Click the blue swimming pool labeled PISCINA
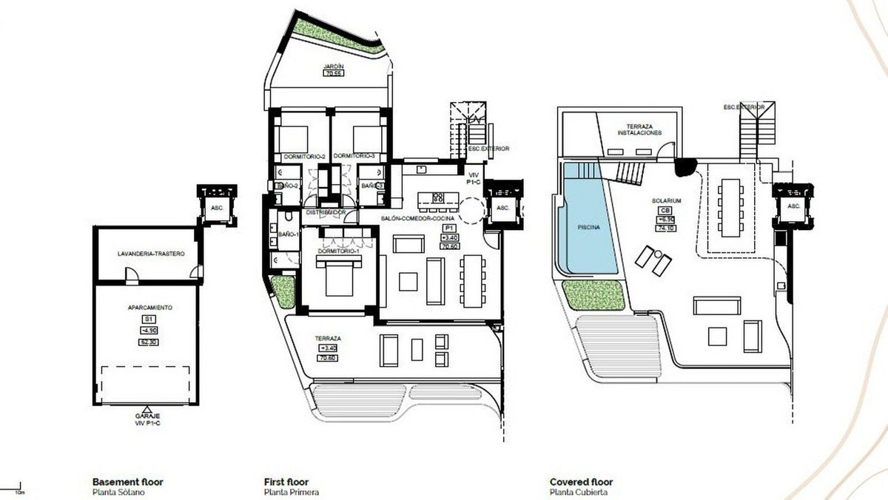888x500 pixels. (589, 222)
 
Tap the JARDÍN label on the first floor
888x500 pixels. (332, 67)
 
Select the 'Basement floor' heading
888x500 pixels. (127, 482)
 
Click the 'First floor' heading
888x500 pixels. (286, 482)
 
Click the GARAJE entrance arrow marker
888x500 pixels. (145, 408)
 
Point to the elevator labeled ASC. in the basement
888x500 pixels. (218, 209)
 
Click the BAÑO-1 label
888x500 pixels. (288, 234)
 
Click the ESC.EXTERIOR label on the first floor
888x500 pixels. (489, 149)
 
